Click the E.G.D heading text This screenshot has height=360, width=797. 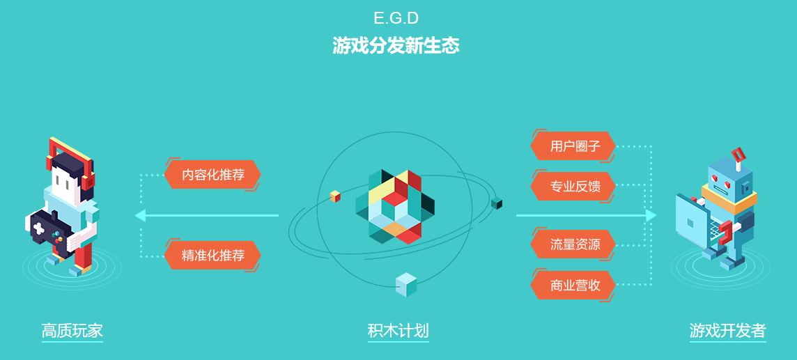(x=396, y=18)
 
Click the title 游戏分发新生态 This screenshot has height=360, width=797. (x=396, y=46)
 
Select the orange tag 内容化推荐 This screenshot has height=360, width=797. (x=212, y=175)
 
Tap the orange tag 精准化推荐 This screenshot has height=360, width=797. (x=212, y=255)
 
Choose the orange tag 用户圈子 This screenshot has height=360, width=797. (x=573, y=146)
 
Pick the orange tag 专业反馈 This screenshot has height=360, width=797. (x=573, y=187)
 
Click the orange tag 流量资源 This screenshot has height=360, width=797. (x=573, y=244)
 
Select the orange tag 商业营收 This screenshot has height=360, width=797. (x=573, y=285)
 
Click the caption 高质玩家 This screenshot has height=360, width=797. (x=72, y=331)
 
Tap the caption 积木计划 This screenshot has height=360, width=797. (x=398, y=331)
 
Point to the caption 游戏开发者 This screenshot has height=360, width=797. (x=727, y=331)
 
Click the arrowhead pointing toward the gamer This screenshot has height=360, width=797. (x=140, y=215)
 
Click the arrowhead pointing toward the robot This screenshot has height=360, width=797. (x=651, y=215)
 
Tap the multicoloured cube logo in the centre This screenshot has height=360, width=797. (x=395, y=207)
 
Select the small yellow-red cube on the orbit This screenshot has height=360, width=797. (x=335, y=196)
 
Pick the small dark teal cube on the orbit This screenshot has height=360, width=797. (x=497, y=203)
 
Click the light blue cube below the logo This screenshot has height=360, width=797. (x=406, y=285)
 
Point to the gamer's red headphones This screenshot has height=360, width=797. (x=70, y=162)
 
